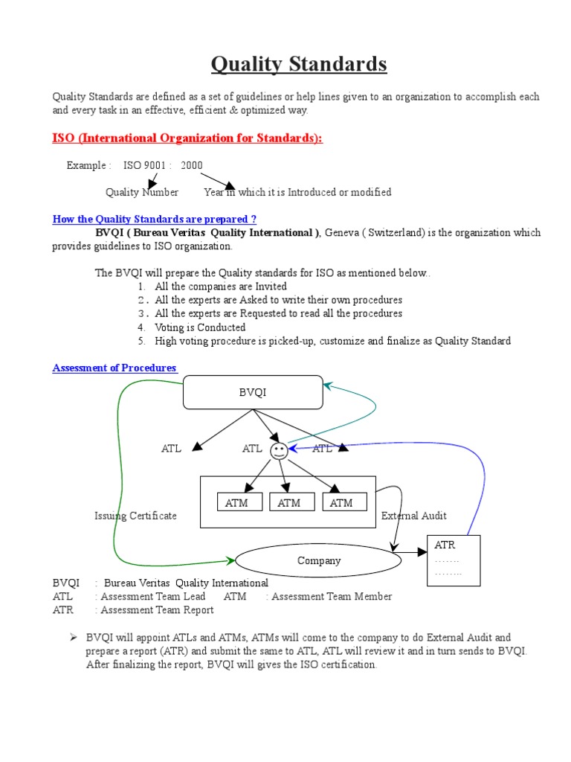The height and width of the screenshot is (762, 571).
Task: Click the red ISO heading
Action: pyautogui.click(x=187, y=138)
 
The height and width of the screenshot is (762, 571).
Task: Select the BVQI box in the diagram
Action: pyautogui.click(x=253, y=393)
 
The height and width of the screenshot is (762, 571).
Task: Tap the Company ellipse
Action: pyautogui.click(x=319, y=561)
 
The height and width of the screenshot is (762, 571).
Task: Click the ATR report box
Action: pyautogui.click(x=453, y=560)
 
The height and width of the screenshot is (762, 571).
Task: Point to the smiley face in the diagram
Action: pyautogui.click(x=279, y=450)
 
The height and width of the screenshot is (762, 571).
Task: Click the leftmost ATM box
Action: pyautogui.click(x=237, y=503)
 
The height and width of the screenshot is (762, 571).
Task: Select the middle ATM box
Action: pyautogui.click(x=289, y=503)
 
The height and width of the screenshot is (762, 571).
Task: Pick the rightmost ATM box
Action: pyautogui.click(x=341, y=503)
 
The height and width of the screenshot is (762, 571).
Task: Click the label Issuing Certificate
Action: pyautogui.click(x=135, y=516)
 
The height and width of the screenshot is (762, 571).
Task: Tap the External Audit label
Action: pyautogui.click(x=414, y=516)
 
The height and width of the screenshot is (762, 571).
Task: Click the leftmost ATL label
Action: pyautogui.click(x=171, y=449)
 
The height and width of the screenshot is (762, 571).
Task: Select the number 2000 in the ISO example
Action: pyautogui.click(x=191, y=165)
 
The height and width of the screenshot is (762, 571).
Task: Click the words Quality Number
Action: pyautogui.click(x=142, y=192)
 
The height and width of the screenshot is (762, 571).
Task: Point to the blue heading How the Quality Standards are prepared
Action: pyautogui.click(x=155, y=219)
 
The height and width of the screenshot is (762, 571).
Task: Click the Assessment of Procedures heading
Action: pyautogui.click(x=114, y=368)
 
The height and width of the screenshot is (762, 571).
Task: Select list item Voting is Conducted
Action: pyautogui.click(x=200, y=327)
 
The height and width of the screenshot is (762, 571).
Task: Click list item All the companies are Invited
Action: pyautogui.click(x=221, y=286)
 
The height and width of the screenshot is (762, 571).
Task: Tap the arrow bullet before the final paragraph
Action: pyautogui.click(x=74, y=638)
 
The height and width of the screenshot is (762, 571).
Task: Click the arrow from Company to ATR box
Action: pyautogui.click(x=408, y=553)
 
